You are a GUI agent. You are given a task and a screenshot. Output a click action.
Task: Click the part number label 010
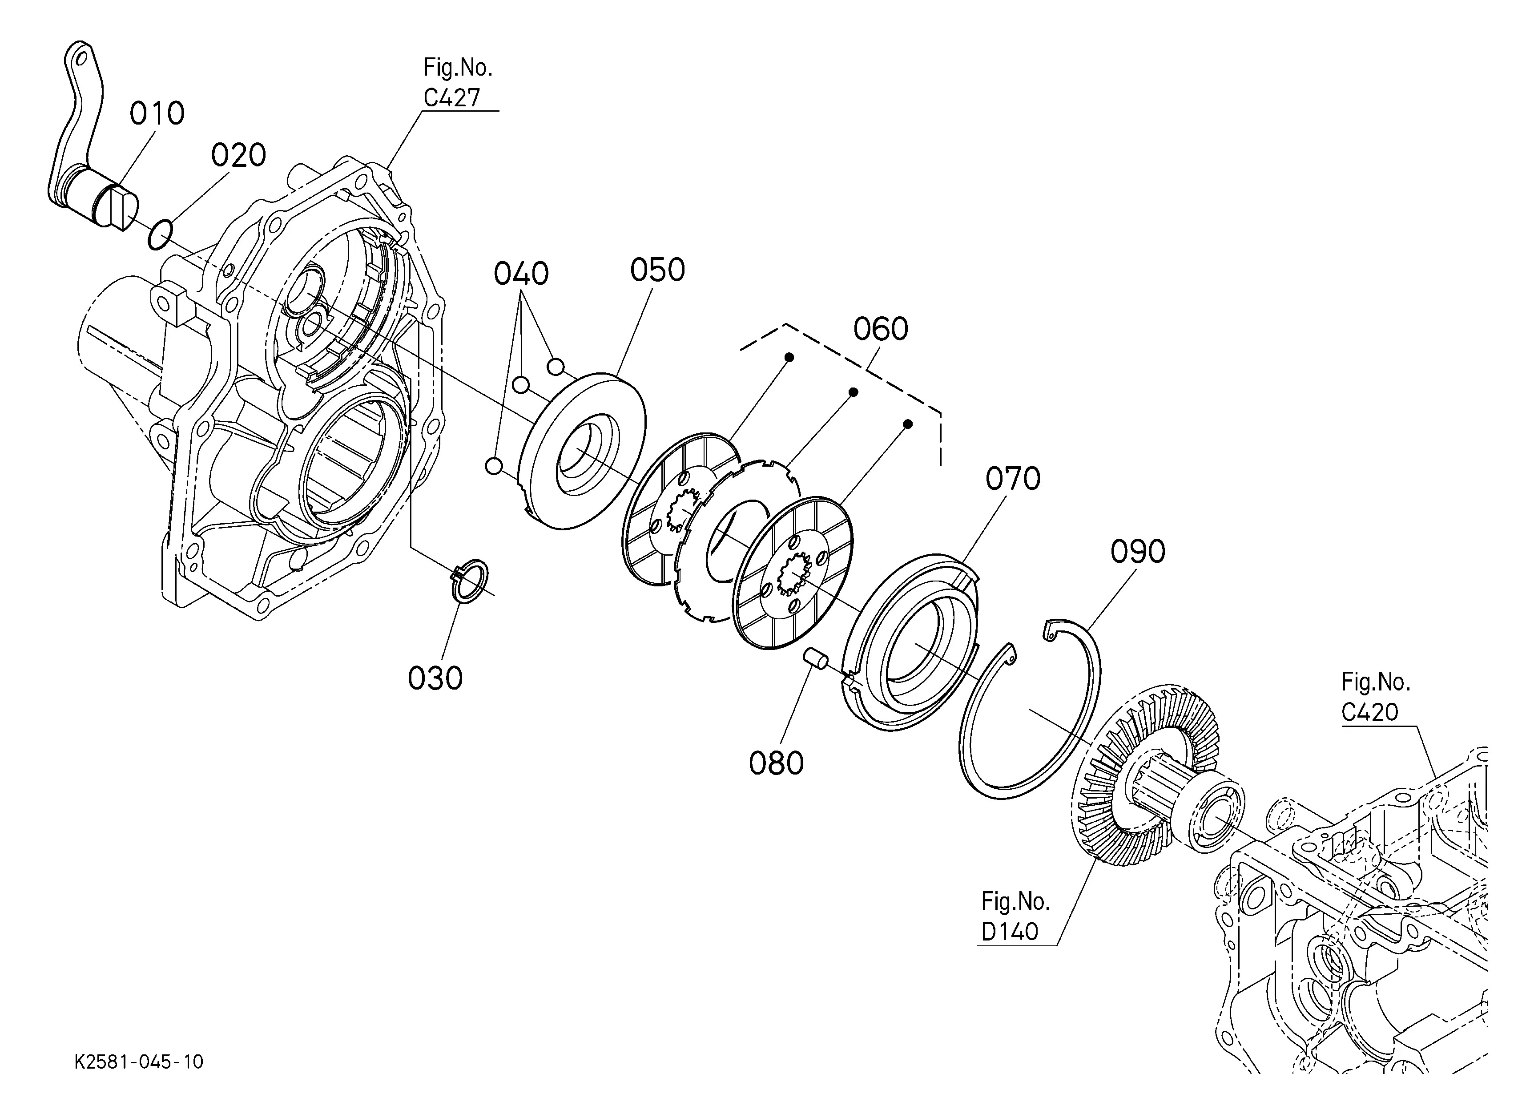coord(157,113)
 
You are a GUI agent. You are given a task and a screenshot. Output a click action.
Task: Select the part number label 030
coord(435,678)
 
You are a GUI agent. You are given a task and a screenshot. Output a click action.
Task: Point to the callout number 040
coord(521,274)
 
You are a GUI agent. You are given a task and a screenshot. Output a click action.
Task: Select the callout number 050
coord(657,270)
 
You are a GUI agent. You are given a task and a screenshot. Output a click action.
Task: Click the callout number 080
coord(776,763)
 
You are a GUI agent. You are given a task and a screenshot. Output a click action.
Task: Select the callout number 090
coord(1138,552)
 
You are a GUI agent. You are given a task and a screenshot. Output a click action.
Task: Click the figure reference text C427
coord(452,98)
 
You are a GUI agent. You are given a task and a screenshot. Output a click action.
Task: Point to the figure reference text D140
coord(1009,932)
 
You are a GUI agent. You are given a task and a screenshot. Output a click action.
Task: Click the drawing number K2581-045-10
coord(139,1062)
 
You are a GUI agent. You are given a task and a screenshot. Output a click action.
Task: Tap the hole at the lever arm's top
coord(81,58)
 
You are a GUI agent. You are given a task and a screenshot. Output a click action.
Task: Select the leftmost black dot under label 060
coord(789,356)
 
